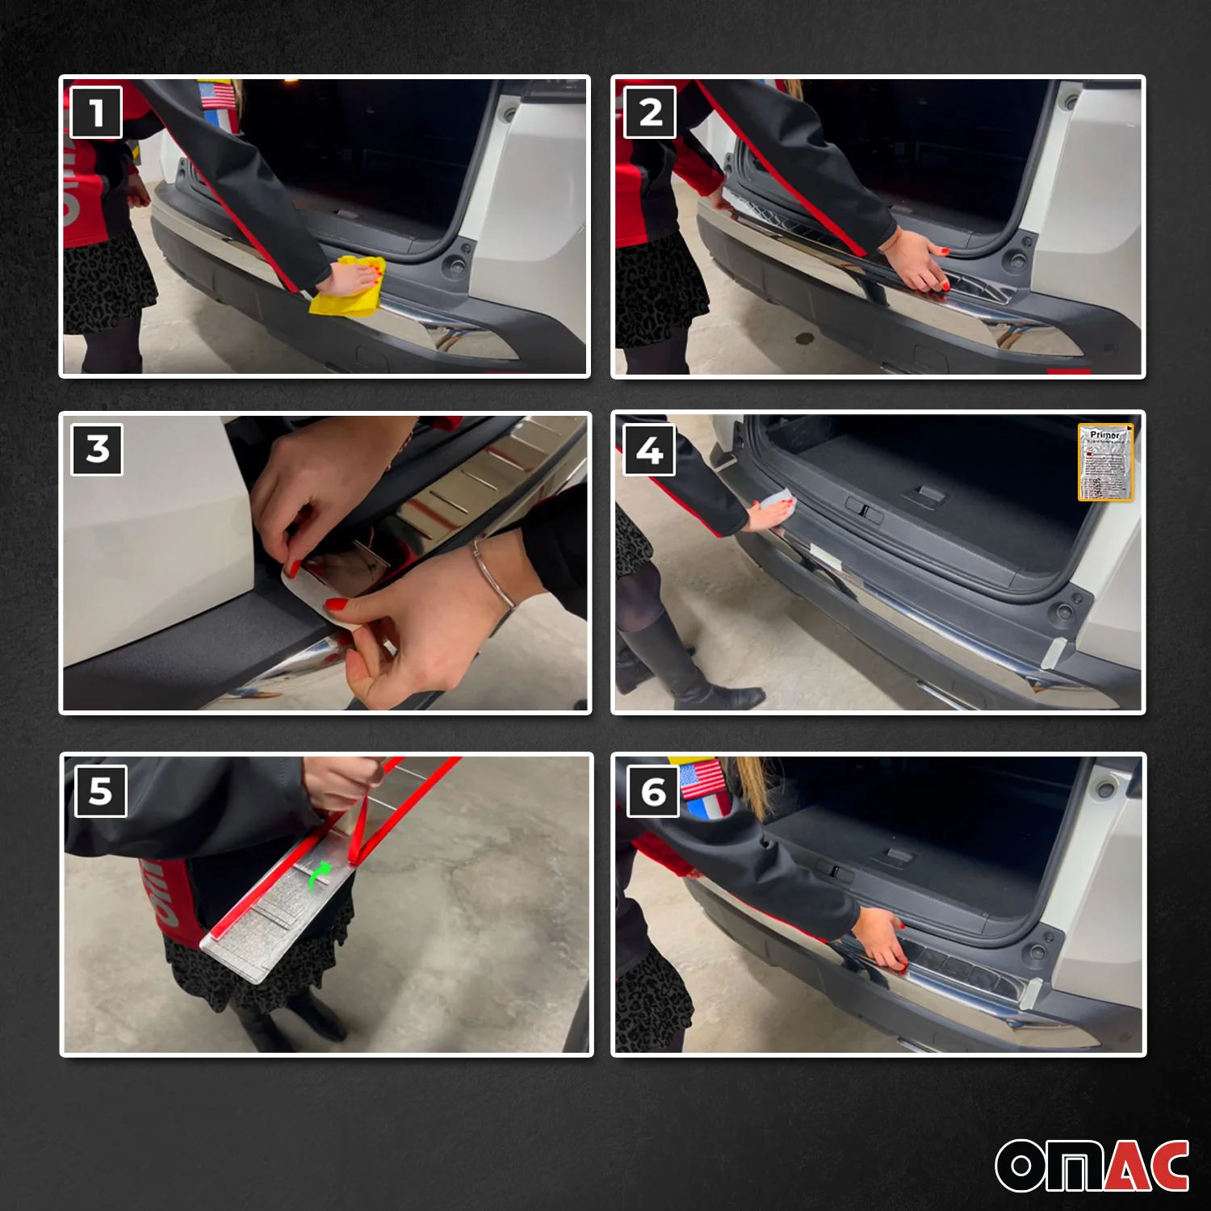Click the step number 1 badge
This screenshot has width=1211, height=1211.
(97, 112)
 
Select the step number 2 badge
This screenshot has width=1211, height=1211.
(650, 112)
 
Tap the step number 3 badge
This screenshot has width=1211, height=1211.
(97, 449)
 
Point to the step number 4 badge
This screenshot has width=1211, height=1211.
(650, 450)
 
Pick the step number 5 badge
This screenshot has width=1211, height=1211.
(100, 791)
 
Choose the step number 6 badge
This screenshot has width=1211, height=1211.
(652, 792)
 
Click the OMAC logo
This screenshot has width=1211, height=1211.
(1092, 1165)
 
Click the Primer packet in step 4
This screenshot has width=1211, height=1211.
(1105, 463)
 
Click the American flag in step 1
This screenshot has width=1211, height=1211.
(216, 94)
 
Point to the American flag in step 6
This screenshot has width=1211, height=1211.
(702, 779)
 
